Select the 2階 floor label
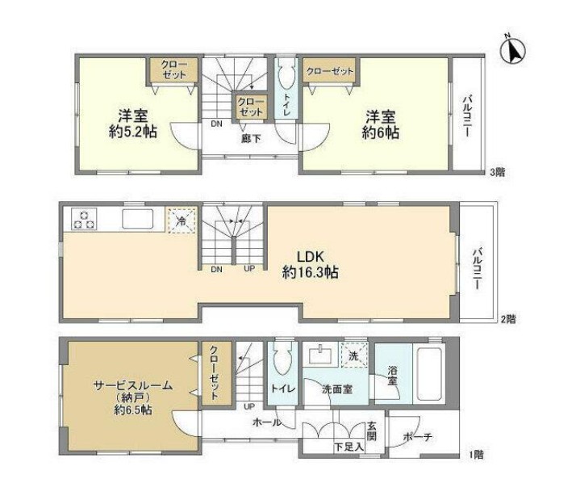click(506, 319)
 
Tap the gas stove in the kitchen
click(84, 218)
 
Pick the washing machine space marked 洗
click(353, 355)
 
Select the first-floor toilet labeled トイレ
click(283, 388)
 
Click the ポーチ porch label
click(416, 437)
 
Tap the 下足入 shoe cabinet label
click(349, 445)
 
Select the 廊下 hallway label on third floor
click(251, 138)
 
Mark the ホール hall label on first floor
click(266, 422)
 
